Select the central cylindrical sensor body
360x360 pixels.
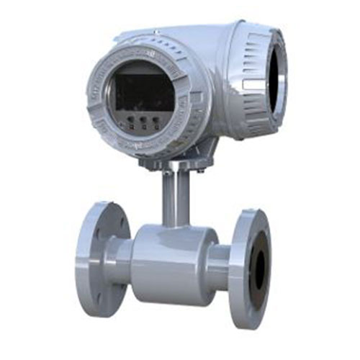click(x=172, y=263)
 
